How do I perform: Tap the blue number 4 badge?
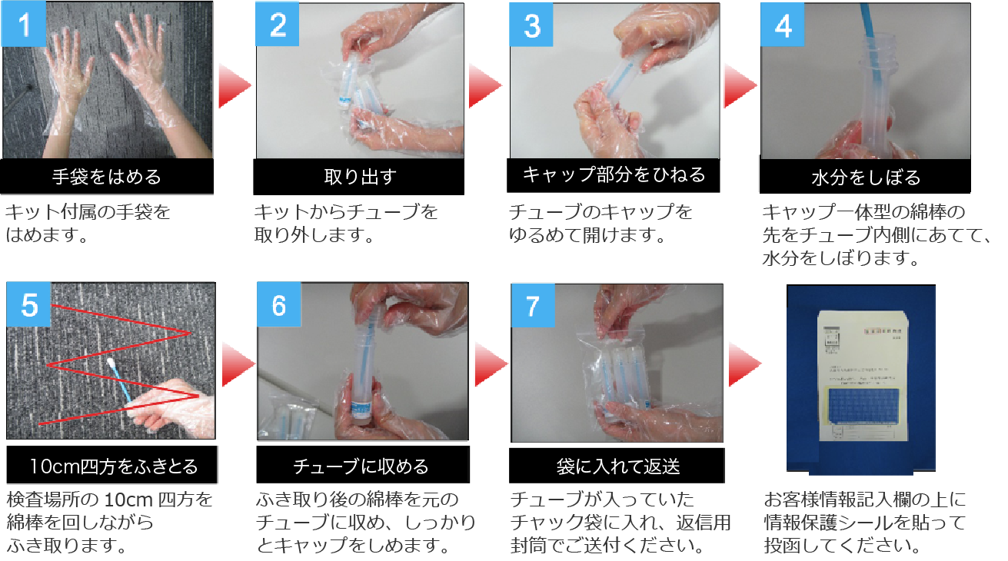tap(783, 25)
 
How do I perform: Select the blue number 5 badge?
tap(29, 305)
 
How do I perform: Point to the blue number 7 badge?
tap(532, 305)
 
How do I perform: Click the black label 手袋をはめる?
tap(107, 177)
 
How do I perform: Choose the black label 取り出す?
tap(359, 177)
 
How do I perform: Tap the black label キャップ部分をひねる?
tap(614, 175)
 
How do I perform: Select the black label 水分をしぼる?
tap(866, 178)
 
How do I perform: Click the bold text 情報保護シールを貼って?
tap(864, 523)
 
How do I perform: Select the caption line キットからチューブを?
tap(346, 211)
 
